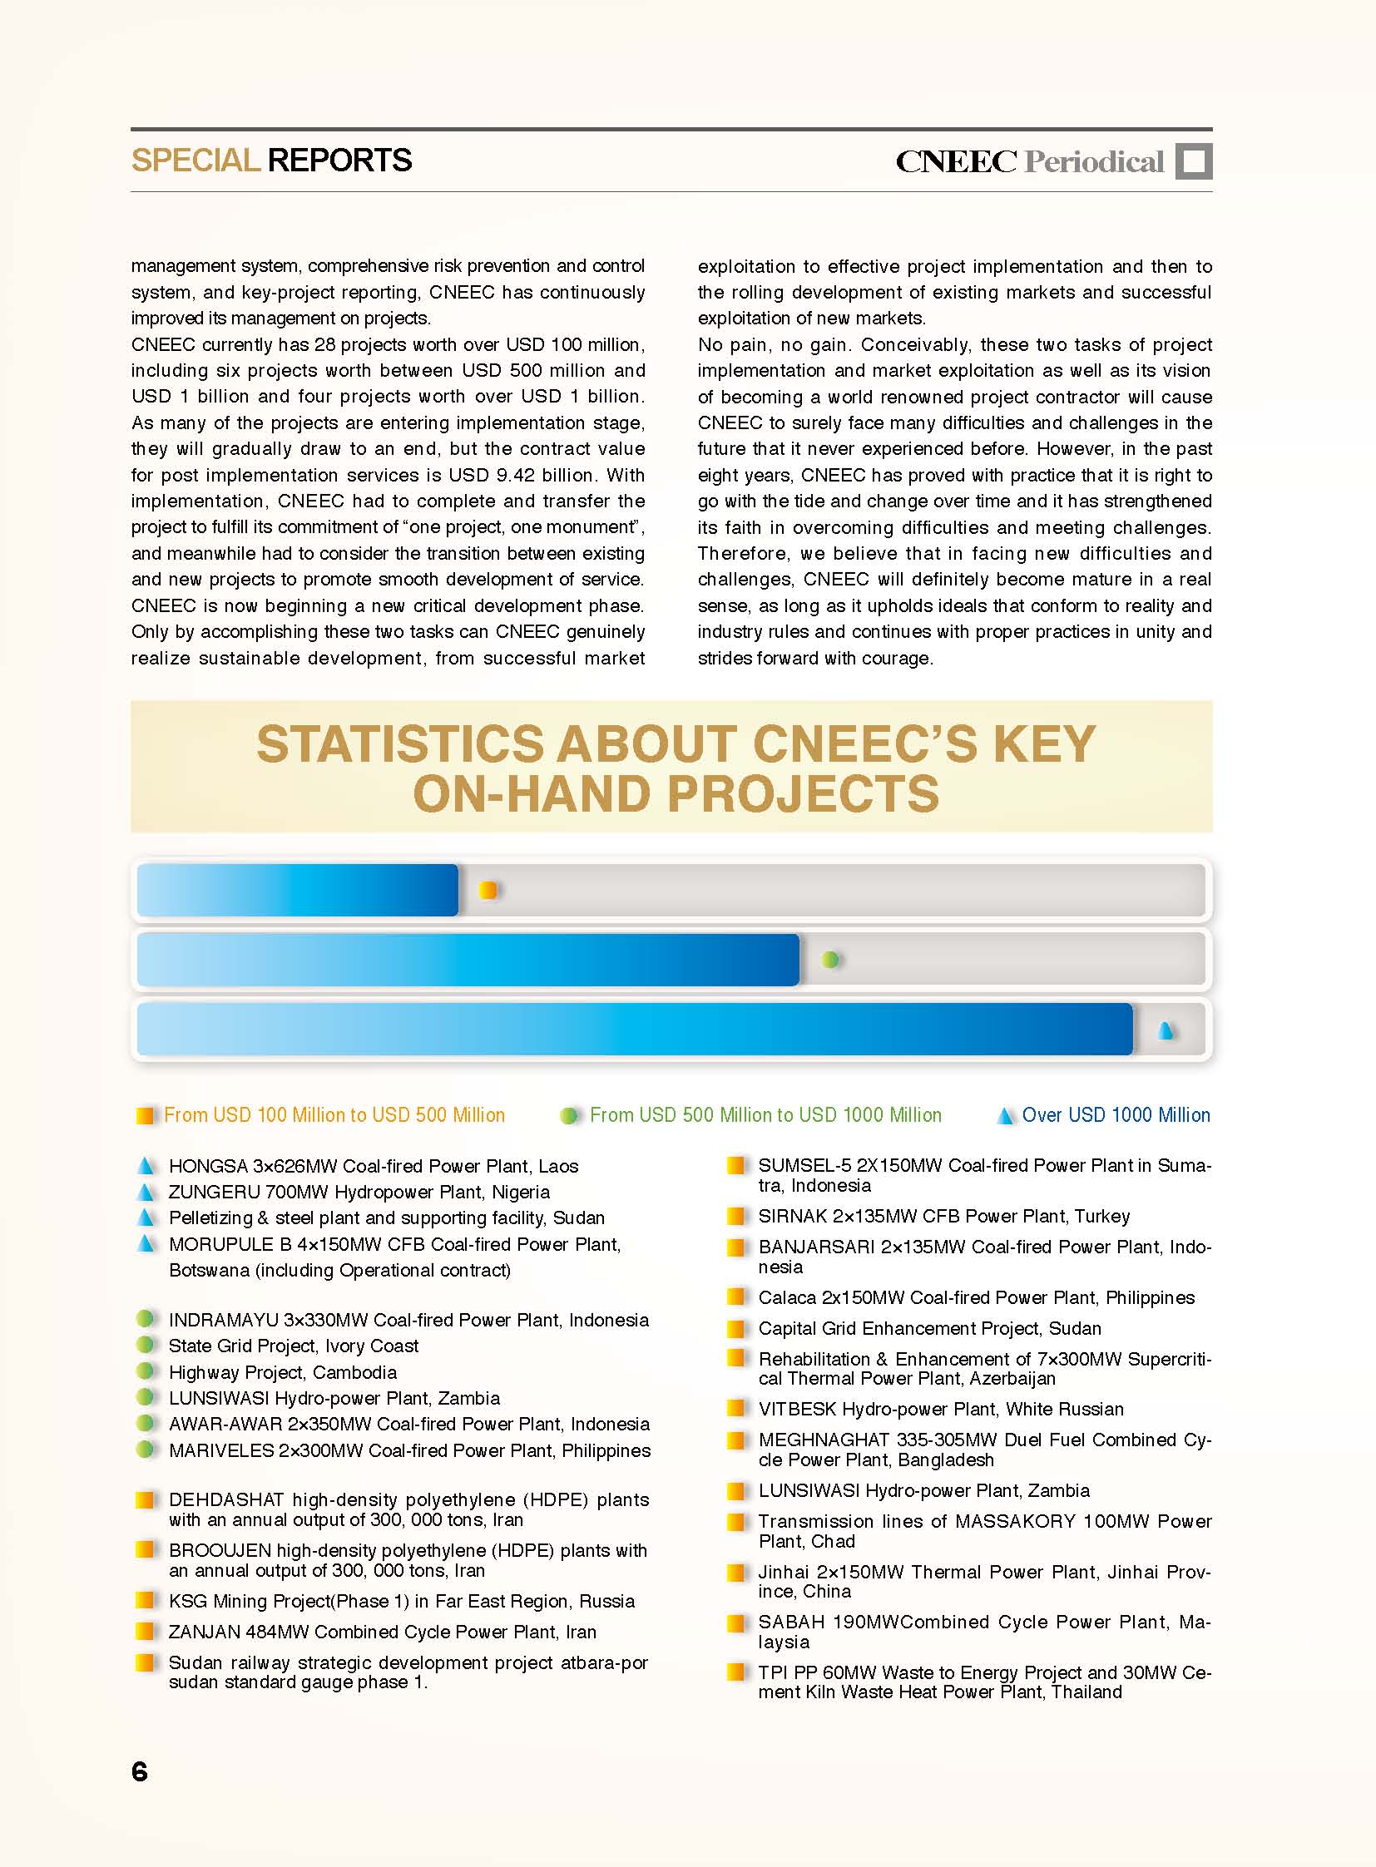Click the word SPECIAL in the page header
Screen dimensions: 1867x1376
coord(196,161)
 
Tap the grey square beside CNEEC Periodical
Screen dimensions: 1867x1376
coord(1194,161)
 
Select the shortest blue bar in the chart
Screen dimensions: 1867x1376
coord(297,890)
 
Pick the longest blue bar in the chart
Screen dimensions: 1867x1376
coord(634,1030)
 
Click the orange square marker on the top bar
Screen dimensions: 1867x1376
coord(488,890)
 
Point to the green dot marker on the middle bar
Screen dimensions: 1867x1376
coord(829,960)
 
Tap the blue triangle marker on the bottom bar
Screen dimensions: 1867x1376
coord(1166,1031)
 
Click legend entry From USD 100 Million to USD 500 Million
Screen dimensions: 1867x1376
coord(334,1115)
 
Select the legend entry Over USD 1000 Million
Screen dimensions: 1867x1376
coord(1116,1115)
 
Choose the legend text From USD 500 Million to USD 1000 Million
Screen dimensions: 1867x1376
coord(765,1115)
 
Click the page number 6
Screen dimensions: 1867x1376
coord(140,1771)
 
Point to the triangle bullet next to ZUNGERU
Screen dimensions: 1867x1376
coord(146,1192)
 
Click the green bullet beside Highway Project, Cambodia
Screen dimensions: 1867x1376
coord(146,1371)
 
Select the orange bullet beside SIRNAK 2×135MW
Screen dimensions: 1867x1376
coord(736,1216)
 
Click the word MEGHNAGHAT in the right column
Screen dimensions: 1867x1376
coord(822,1440)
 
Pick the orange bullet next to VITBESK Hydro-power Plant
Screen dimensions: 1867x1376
coord(736,1408)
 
